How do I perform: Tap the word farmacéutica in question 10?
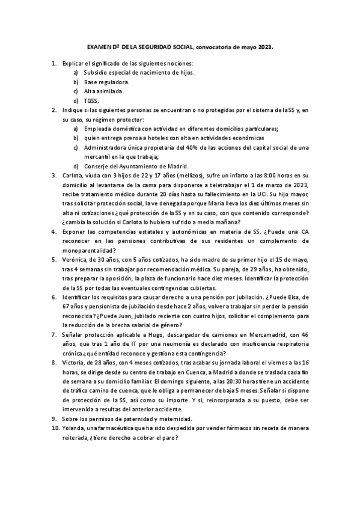(119, 429)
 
